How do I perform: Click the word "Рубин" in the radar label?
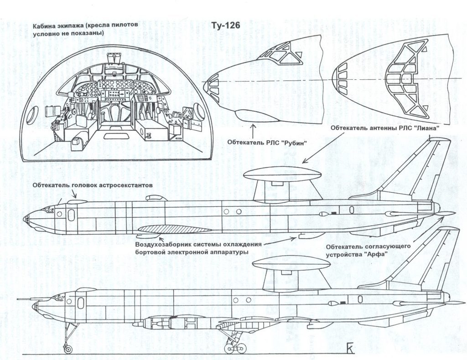[x=292, y=142]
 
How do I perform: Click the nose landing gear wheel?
[x=68, y=349]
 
